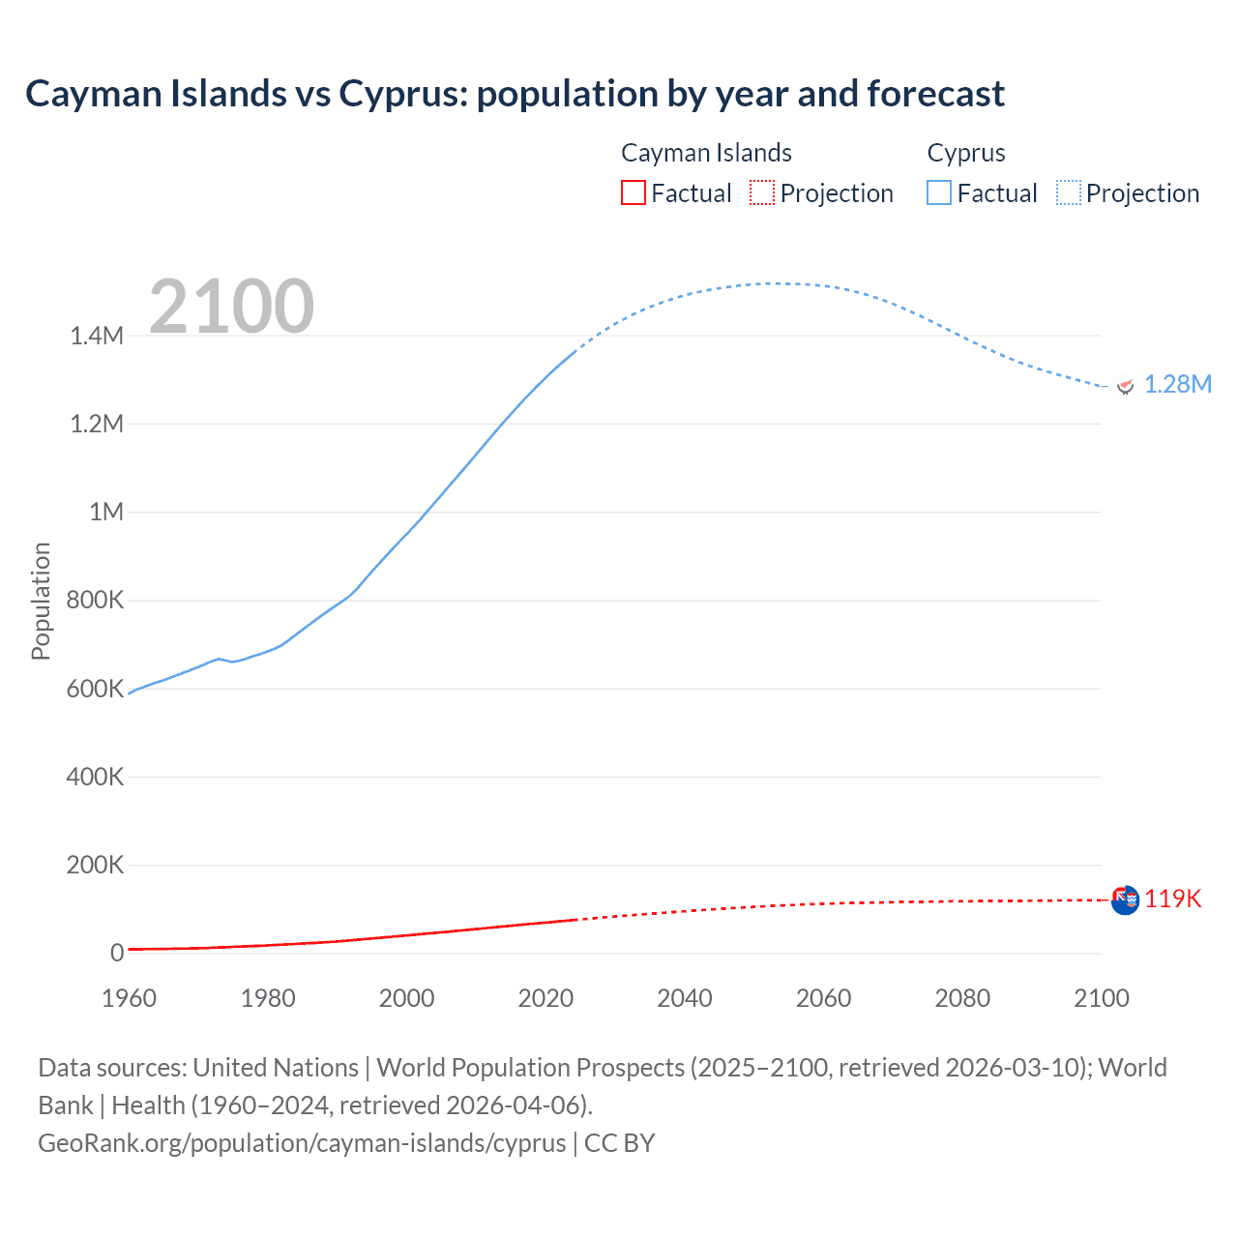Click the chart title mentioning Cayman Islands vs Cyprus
click(515, 94)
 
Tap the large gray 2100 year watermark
click(231, 307)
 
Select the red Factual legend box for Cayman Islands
click(634, 193)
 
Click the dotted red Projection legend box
click(762, 193)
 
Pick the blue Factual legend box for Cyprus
click(939, 193)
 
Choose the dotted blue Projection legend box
click(1069, 193)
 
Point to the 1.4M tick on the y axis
click(97, 336)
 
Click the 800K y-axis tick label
click(95, 601)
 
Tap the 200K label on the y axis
click(95, 865)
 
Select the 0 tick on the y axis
click(117, 953)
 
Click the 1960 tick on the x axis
click(129, 998)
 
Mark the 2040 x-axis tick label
click(685, 998)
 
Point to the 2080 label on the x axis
click(962, 998)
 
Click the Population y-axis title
click(41, 601)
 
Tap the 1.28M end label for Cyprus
click(1177, 385)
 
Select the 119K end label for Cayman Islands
click(1172, 899)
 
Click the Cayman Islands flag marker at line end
click(1125, 900)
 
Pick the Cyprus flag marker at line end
click(1125, 386)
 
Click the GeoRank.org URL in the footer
click(302, 1143)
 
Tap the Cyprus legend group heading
click(966, 153)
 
